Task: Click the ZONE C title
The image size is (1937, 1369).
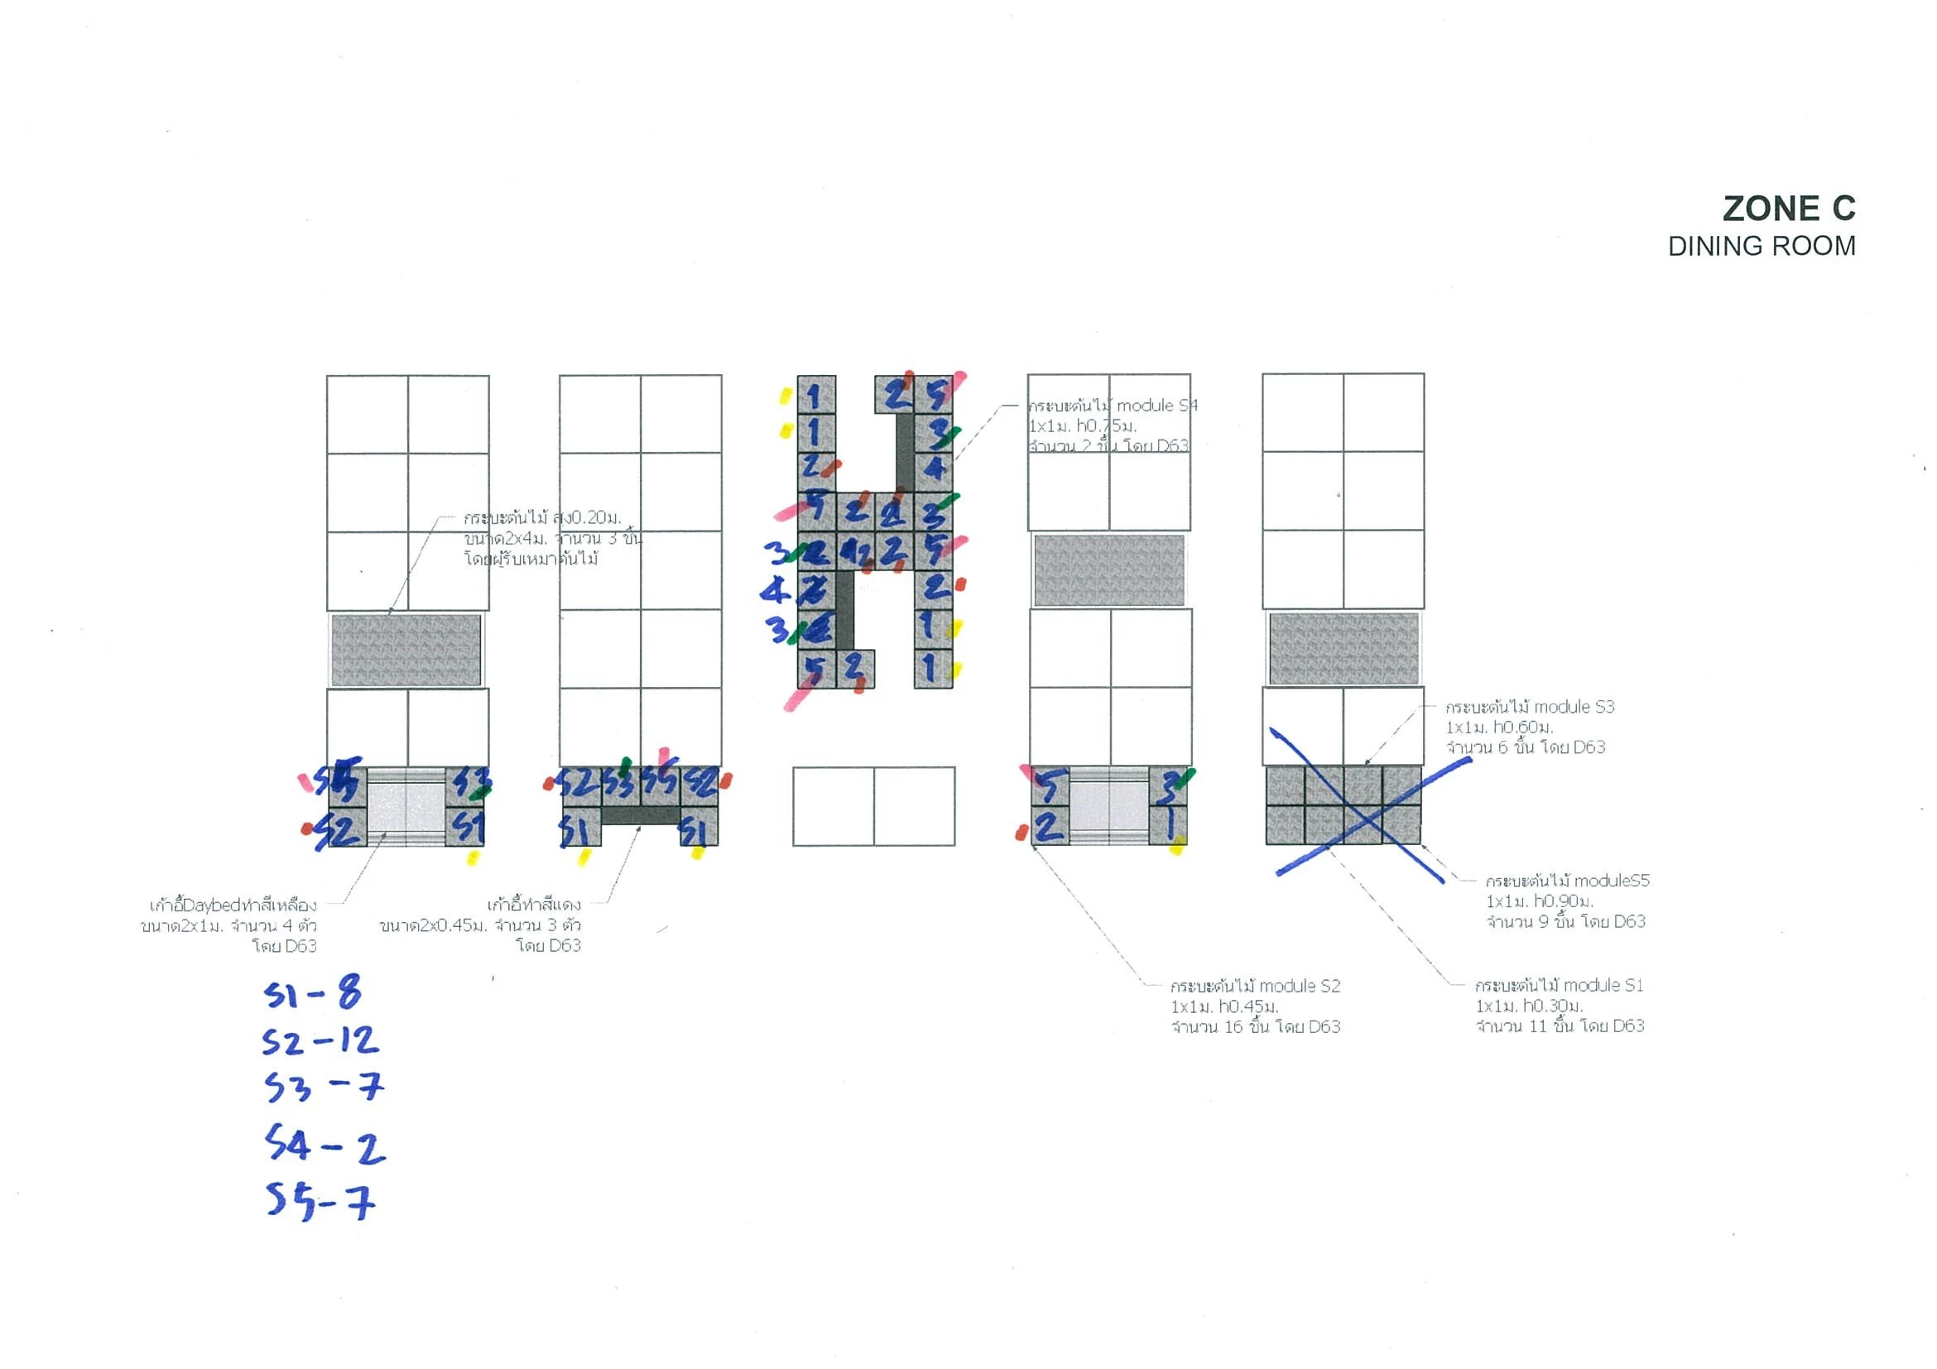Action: pyautogui.click(x=1788, y=209)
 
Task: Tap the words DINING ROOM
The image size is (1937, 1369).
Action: pyautogui.click(x=1761, y=247)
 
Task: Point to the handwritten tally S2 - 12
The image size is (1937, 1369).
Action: pyautogui.click(x=320, y=1042)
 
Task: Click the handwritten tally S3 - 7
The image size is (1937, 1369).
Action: pyautogui.click(x=323, y=1088)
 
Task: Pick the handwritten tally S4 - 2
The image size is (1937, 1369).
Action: pyautogui.click(x=324, y=1146)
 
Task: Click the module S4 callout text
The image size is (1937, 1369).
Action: pyautogui.click(x=1111, y=425)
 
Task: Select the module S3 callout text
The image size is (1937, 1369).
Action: pyautogui.click(x=1529, y=727)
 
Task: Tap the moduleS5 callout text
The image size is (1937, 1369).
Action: pyautogui.click(x=1566, y=901)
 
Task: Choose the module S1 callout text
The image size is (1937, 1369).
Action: pyautogui.click(x=1559, y=1006)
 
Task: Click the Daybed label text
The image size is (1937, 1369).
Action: pyautogui.click(x=229, y=925)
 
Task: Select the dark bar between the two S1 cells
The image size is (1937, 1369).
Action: pyautogui.click(x=641, y=815)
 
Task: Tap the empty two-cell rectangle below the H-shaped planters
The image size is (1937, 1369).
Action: pyautogui.click(x=873, y=806)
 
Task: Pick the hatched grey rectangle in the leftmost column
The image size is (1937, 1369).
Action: pyautogui.click(x=406, y=650)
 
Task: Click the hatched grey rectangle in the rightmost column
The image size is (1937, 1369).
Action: pyautogui.click(x=1343, y=649)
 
